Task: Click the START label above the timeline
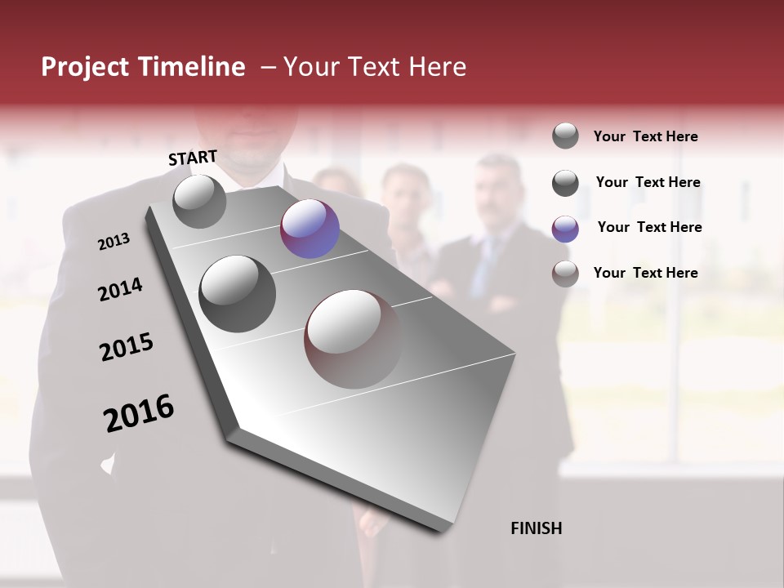193,158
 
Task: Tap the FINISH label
536,528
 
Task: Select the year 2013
114,242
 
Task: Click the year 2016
139,413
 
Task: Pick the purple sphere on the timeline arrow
310,229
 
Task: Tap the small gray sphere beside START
199,202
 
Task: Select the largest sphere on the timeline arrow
353,338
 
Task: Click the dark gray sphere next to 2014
237,294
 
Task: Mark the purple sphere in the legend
565,229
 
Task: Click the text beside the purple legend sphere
649,227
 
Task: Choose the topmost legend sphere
565,136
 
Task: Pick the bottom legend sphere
565,274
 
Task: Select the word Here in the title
437,67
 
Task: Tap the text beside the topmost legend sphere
645,136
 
